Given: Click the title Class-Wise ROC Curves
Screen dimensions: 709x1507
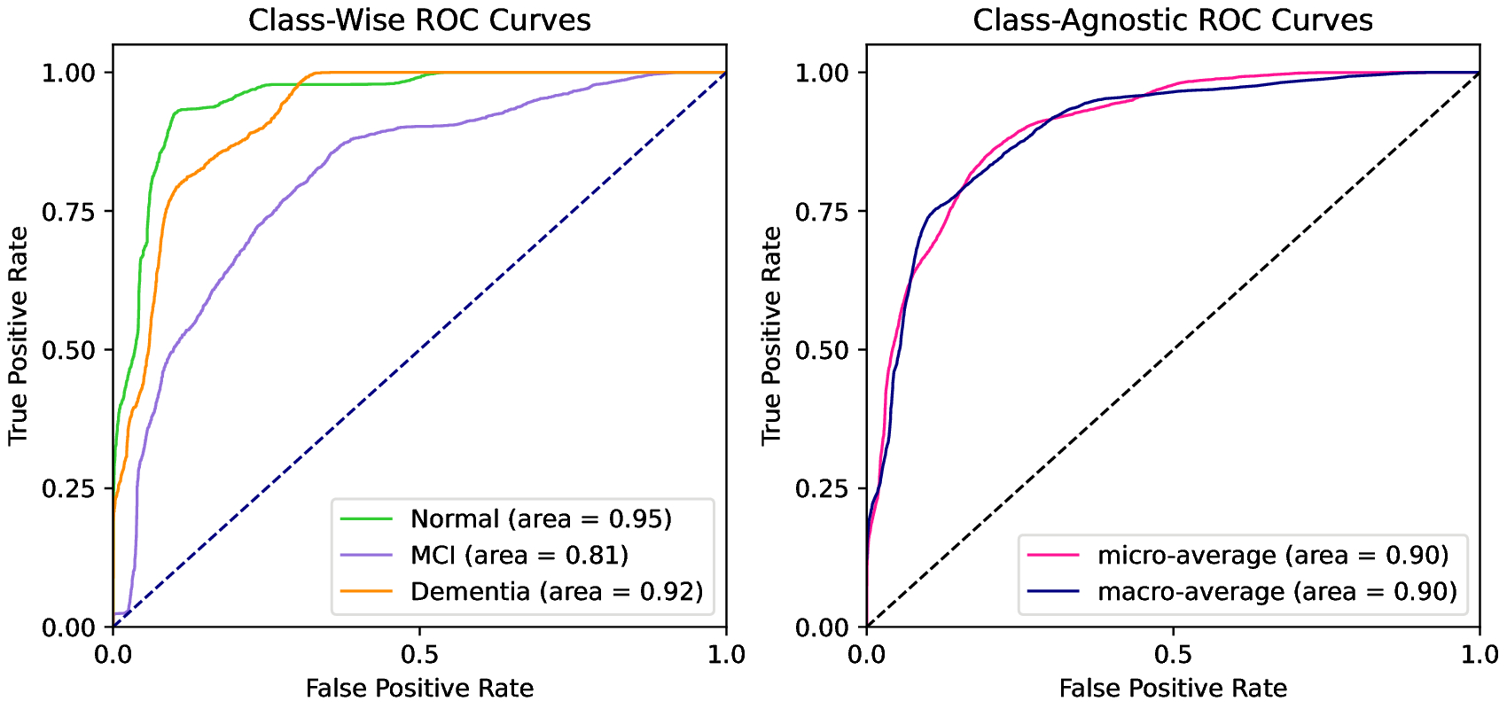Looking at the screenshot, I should point(419,19).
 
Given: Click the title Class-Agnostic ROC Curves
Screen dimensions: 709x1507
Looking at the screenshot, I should point(1173,19).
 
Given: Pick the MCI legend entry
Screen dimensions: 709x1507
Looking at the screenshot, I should point(519,555).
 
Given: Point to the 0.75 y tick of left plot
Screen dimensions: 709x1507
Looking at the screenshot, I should point(69,212).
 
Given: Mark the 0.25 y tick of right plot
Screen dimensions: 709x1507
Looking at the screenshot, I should point(823,489).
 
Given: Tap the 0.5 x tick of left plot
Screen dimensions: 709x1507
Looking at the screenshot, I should point(419,655).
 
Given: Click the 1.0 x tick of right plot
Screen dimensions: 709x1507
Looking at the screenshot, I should point(1480,655).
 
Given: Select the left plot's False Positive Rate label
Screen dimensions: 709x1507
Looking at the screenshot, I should point(419,689).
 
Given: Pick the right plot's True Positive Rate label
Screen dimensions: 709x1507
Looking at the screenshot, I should point(771,335).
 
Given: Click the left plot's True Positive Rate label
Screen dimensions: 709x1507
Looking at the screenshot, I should point(18,335).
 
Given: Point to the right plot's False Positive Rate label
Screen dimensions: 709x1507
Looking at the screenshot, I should point(1173,689).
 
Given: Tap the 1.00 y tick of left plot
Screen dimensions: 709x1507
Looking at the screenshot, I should point(69,73).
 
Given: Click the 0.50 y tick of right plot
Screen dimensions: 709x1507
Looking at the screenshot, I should point(823,350).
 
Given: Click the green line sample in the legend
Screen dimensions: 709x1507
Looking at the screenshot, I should point(366,518).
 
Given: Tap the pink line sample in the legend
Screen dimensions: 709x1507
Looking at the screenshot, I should point(1053,555).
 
